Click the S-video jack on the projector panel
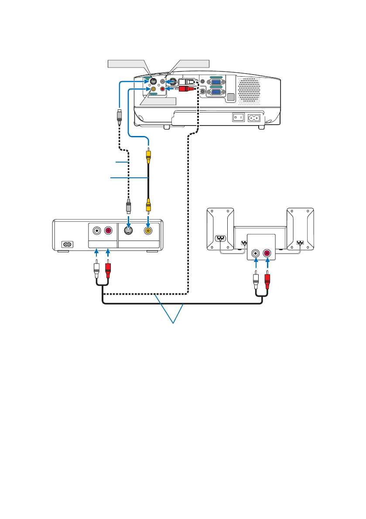pos(153,81)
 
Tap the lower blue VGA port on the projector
pos(215,93)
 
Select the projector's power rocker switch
pos(238,117)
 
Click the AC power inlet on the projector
pos(254,117)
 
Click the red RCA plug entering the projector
pos(184,89)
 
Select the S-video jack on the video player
pos(129,231)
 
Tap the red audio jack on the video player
pos(107,231)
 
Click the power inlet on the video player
pos(67,244)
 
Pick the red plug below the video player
pos(108,271)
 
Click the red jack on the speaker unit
pos(266,252)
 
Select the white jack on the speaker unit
pos(255,252)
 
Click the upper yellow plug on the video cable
pos(149,154)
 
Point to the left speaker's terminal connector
pos(221,239)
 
